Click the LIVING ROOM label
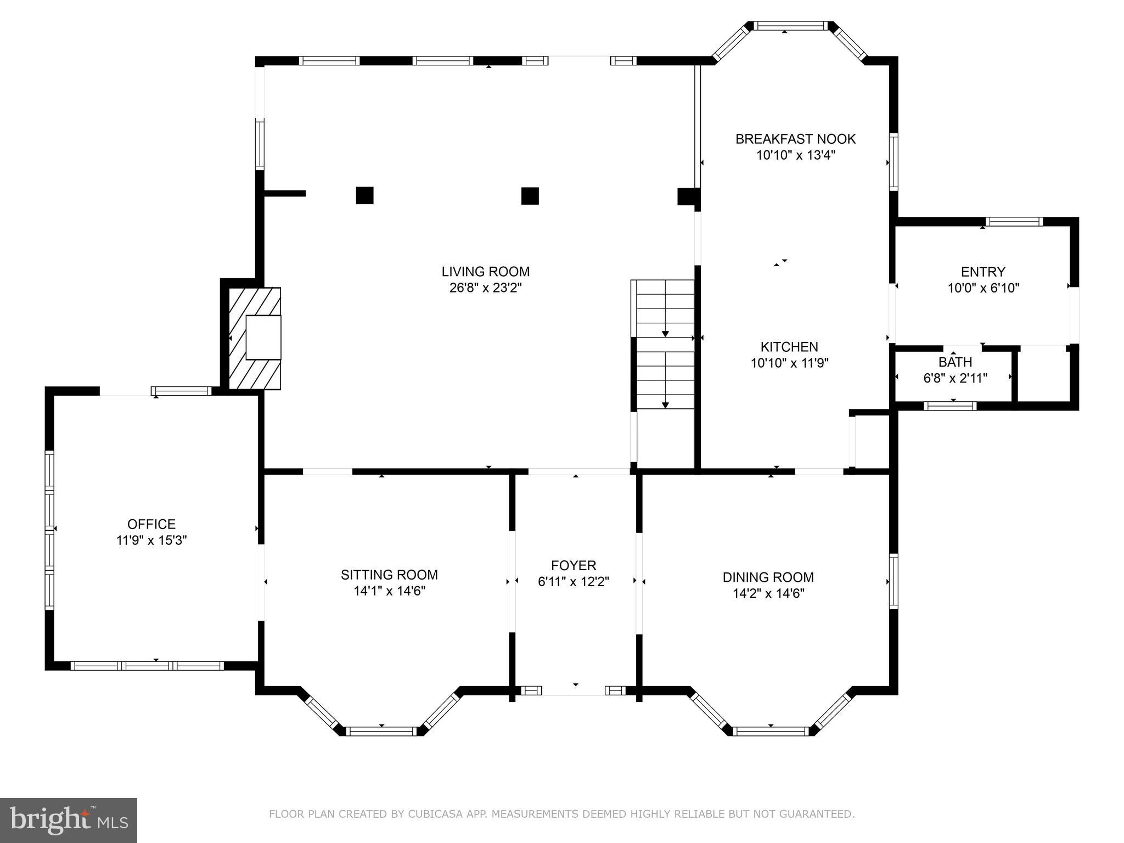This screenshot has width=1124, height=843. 486,272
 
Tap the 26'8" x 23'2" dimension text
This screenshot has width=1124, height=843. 486,288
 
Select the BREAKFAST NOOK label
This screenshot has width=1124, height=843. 796,139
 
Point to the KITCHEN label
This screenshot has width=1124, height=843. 789,347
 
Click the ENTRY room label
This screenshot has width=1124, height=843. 983,272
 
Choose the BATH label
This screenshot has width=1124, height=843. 956,362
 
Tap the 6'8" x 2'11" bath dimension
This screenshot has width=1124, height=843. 956,378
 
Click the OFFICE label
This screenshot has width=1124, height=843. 151,524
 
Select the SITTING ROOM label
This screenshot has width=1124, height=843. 389,575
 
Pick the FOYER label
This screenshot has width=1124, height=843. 574,565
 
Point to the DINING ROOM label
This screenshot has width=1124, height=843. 768,577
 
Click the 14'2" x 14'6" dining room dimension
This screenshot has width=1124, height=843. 768,593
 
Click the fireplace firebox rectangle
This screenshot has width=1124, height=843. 263,338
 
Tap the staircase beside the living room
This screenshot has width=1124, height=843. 663,345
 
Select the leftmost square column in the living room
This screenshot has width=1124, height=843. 365,195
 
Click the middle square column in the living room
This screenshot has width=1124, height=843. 530,196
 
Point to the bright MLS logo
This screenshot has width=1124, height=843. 69,820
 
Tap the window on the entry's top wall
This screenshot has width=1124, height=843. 1014,222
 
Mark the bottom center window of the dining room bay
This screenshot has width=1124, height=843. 771,731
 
